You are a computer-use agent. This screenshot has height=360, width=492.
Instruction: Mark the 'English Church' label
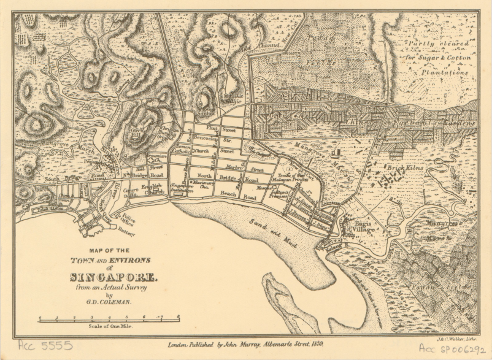coord(151,189)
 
